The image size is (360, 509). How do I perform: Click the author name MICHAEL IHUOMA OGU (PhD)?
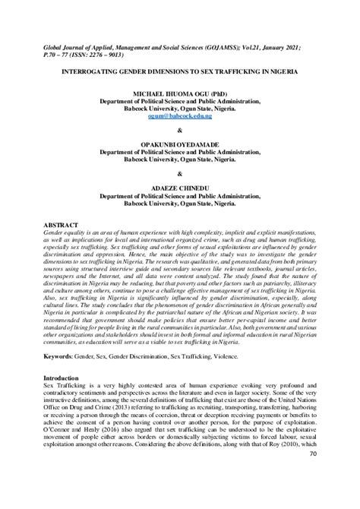pos(180,92)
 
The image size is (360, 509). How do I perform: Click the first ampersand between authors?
pos(180,129)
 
